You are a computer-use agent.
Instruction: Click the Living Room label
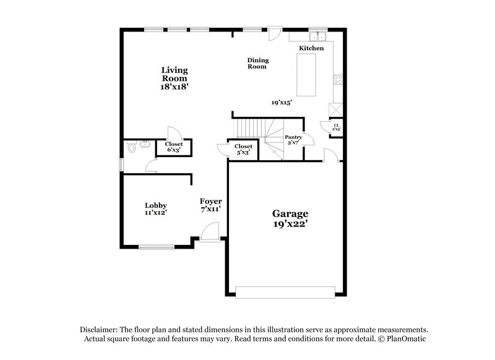point(174,79)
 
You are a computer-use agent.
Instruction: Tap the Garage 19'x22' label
point(290,219)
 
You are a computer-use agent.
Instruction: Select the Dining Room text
point(257,63)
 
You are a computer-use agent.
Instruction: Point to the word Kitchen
point(311,48)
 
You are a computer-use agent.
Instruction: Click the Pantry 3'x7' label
point(293,140)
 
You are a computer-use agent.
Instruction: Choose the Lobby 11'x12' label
point(156,208)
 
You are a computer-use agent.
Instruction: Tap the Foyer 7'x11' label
point(210,205)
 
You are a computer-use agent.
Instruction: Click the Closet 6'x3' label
point(174,147)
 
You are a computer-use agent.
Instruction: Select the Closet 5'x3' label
point(243,149)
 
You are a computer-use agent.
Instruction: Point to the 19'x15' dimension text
point(282,103)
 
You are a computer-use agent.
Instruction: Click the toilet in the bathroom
point(131,148)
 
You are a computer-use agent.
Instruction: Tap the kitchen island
point(308,75)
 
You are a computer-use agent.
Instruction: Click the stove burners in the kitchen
point(338,79)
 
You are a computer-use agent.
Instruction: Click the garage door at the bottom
point(286,291)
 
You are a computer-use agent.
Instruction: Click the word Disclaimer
point(100,330)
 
